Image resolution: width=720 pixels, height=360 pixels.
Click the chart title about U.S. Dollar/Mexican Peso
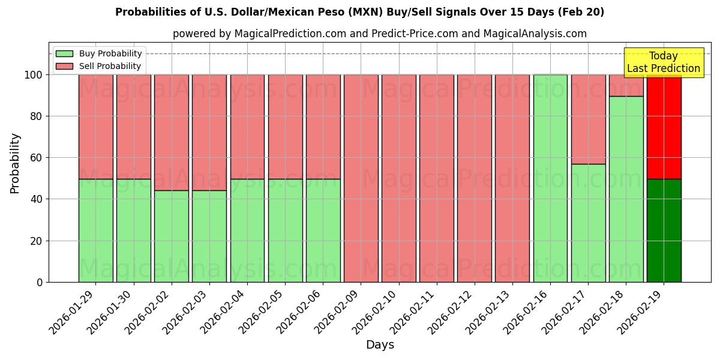coord(359,12)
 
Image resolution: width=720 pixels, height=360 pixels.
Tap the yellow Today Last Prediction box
coord(663,62)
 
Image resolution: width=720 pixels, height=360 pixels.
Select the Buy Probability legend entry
coord(99,53)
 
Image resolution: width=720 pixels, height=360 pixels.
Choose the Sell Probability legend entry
coord(99,67)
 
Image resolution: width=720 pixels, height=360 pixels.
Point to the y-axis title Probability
coord(15,163)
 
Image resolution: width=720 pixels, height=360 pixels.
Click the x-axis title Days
coord(380,345)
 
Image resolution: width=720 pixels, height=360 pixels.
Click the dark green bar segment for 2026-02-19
coord(664,230)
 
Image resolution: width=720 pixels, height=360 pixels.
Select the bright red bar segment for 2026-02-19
coord(664,127)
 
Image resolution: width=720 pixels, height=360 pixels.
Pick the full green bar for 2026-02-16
coord(550,178)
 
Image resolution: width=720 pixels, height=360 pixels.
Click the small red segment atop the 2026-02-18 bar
coord(626,85)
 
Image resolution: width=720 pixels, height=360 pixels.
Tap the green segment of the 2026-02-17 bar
coord(588,223)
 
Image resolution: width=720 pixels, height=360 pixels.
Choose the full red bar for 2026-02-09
coord(361,178)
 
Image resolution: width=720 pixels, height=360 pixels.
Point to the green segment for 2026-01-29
coord(95,230)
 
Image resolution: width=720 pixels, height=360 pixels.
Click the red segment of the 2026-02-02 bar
coord(172,132)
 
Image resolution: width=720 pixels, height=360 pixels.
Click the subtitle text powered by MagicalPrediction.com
coord(380,34)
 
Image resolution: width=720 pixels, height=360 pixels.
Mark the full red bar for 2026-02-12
coord(474,178)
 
